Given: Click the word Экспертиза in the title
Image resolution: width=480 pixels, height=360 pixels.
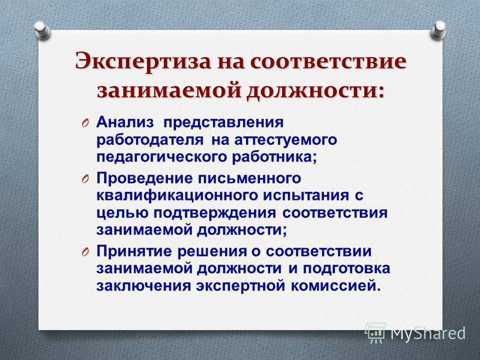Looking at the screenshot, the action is (143, 62).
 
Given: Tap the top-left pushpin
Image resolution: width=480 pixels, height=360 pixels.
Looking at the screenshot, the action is (42, 29).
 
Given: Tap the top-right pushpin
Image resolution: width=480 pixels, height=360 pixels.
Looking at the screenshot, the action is (438, 29).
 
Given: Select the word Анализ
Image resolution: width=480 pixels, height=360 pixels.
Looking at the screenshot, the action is (125, 122).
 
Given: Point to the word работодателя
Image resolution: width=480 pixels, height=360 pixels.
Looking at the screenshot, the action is (150, 140).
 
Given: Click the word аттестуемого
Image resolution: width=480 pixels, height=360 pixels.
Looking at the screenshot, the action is (286, 140).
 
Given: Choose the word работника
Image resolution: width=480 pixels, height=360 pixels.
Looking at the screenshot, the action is (274, 158).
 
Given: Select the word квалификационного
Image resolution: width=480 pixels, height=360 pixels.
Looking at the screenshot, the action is (176, 196).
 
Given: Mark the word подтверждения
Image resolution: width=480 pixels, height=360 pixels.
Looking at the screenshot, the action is (215, 214).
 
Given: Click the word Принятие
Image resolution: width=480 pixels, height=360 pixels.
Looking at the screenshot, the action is (134, 251).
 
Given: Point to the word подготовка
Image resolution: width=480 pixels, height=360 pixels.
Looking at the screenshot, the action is (347, 269).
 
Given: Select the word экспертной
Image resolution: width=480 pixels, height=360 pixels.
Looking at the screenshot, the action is (241, 286).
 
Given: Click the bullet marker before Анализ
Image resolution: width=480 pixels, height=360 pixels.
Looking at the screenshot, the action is (85, 123).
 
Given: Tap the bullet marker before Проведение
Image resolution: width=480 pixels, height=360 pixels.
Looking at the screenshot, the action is (85, 179).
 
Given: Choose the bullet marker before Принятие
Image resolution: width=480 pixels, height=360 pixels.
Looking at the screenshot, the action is (85, 252).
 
